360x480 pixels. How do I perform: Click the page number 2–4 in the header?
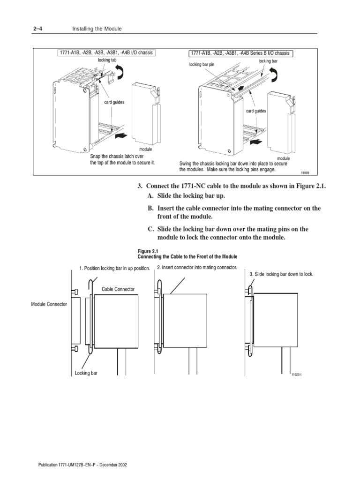click(37, 29)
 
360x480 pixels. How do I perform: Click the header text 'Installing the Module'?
click(97, 29)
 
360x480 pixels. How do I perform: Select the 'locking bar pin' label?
click(201, 65)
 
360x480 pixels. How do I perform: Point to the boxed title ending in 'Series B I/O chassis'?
click(240, 53)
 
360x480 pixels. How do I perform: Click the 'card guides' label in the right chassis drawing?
click(256, 111)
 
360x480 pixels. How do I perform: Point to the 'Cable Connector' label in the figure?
click(118, 289)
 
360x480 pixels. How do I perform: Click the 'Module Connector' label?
click(49, 304)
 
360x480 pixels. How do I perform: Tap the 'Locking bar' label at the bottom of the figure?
click(86, 374)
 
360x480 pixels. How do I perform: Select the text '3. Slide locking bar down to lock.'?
click(281, 273)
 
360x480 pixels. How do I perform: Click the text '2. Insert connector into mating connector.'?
click(197, 267)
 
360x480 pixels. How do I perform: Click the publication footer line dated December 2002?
click(82, 465)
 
